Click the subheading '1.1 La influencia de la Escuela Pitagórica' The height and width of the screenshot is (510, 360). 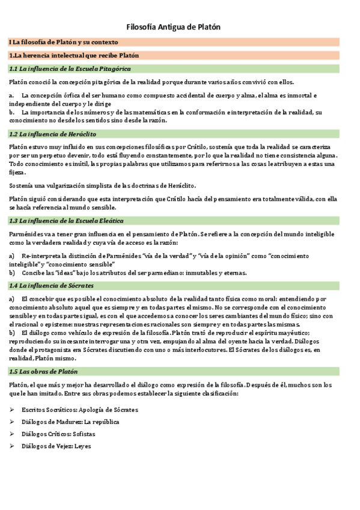pos(69,69)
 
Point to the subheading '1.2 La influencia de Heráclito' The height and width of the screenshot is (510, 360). pos(53,134)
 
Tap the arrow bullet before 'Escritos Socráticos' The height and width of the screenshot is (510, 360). pos(12,410)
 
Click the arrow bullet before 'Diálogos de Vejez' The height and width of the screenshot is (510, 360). pos(12,446)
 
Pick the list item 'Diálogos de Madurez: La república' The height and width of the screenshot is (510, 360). pos(70,422)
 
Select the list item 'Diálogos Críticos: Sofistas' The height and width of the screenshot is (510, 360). pos(58,434)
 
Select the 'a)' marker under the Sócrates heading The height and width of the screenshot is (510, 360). pos(12,298)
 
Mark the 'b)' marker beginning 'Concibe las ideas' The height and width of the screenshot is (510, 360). pos(12,272)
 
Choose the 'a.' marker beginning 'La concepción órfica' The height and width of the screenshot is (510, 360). pos(11,96)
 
